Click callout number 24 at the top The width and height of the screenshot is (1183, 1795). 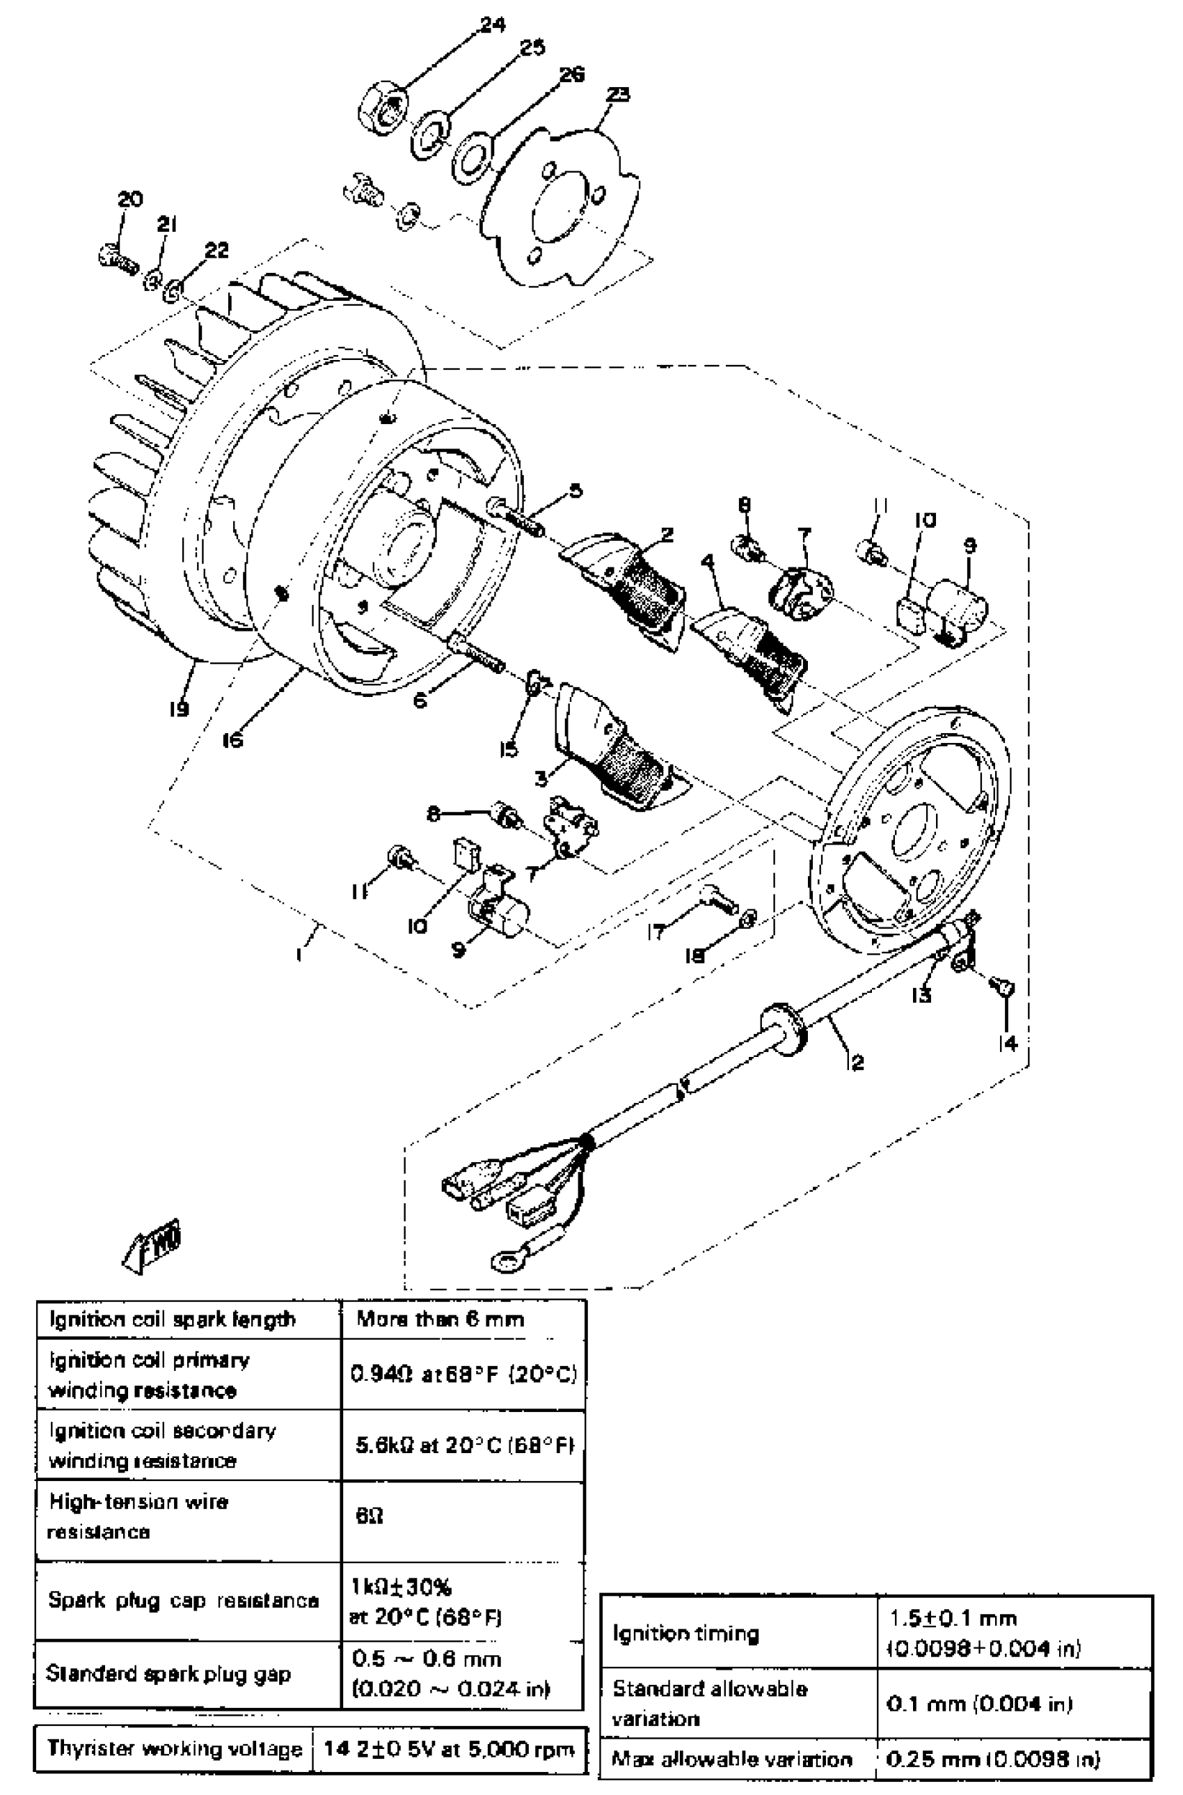point(492,25)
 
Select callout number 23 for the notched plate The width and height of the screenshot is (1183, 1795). point(618,95)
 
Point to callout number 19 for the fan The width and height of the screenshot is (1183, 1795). point(179,708)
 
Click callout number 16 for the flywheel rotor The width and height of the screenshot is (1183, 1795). point(232,739)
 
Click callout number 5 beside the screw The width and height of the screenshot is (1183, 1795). point(575,492)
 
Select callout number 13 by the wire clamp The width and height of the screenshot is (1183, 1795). point(921,995)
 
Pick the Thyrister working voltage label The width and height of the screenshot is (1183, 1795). point(174,1748)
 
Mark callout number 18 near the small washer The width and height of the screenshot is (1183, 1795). point(694,955)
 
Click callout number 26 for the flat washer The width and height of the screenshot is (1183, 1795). point(572,75)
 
